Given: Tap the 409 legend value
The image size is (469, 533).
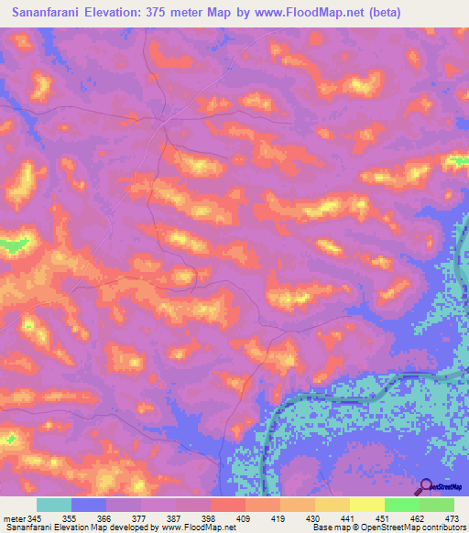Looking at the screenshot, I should pyautogui.click(x=242, y=518).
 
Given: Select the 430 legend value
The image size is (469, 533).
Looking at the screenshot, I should pyautogui.click(x=312, y=518).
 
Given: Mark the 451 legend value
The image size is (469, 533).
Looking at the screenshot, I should pyautogui.click(x=382, y=518).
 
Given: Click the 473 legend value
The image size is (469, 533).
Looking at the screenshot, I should pyautogui.click(x=453, y=518).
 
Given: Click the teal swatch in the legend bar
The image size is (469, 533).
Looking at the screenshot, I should pyautogui.click(x=54, y=505).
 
